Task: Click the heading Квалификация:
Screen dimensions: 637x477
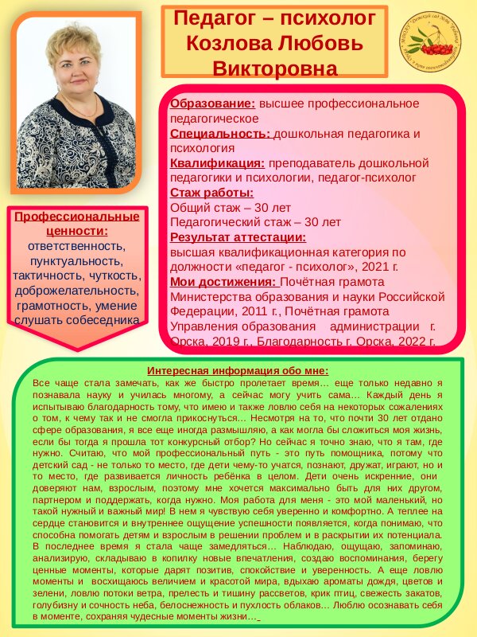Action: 218,163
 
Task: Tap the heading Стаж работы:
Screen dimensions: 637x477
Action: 212,193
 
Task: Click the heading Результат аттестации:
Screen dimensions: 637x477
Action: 238,236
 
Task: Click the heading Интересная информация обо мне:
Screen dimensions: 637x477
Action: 238,370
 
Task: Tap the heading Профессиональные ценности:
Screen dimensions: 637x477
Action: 77,223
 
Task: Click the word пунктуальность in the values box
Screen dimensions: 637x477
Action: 76,260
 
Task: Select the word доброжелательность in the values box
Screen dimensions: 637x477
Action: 76,290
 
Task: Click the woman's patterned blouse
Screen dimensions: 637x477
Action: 76,151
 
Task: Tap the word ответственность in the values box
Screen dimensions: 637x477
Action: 76,245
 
